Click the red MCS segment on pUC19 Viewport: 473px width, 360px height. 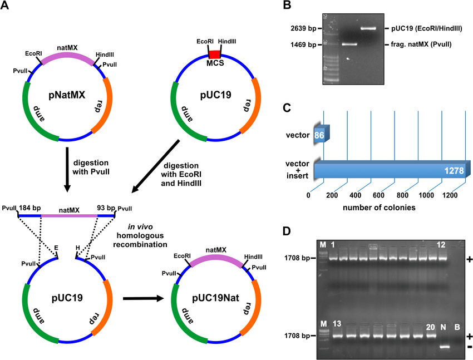pyautogui.click(x=215, y=54)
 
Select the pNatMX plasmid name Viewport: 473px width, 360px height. pyautogui.click(x=67, y=95)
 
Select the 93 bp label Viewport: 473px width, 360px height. pyautogui.click(x=100, y=209)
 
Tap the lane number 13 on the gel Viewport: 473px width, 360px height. pyautogui.click(x=337, y=324)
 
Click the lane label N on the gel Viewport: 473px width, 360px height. pyautogui.click(x=443, y=326)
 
